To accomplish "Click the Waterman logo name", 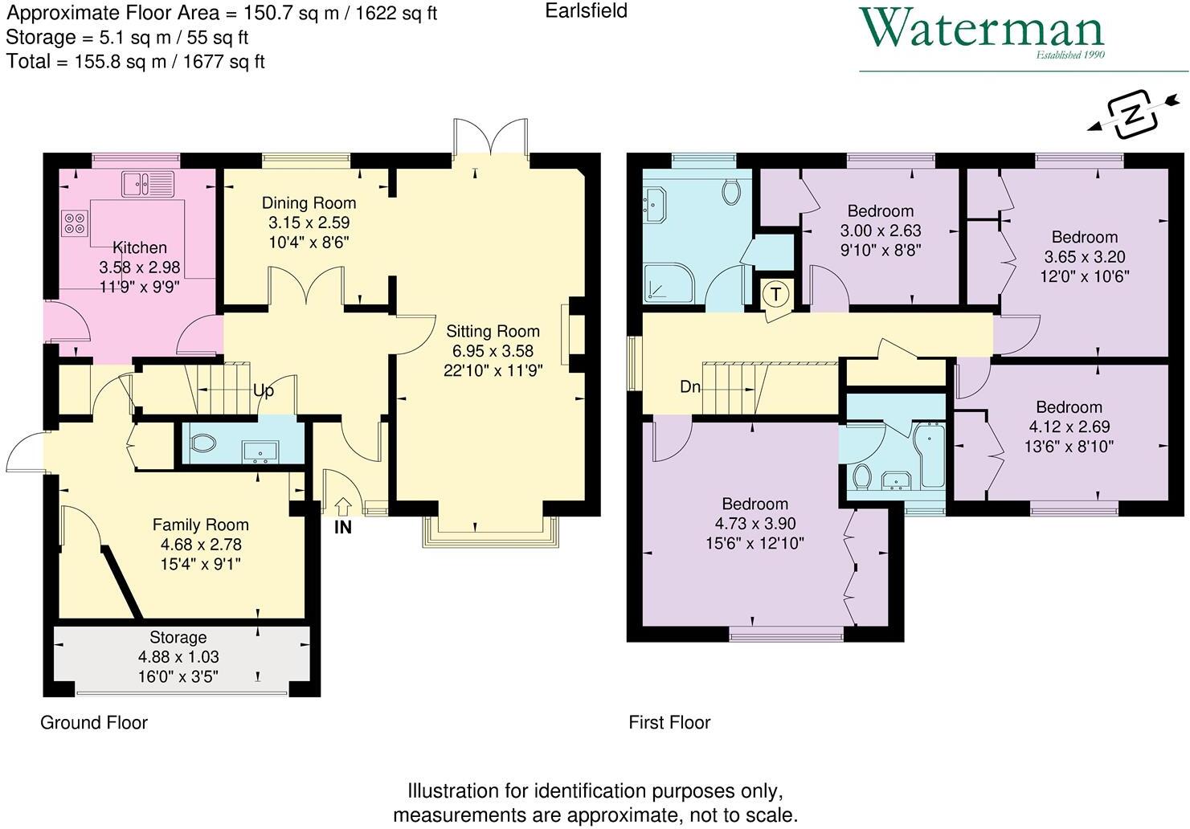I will [x=982, y=30].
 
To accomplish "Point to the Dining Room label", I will [x=309, y=203].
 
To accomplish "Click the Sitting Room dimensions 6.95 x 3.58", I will [x=493, y=351].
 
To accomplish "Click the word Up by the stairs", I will [x=264, y=391].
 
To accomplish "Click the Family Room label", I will [x=201, y=525].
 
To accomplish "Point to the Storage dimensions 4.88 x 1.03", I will [x=178, y=657].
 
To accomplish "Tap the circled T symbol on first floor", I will [x=775, y=294].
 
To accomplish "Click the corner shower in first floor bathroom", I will [x=666, y=283].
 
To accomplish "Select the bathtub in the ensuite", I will [x=932, y=455].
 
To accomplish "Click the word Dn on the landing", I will [x=690, y=387].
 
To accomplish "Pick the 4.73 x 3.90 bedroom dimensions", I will [x=754, y=524].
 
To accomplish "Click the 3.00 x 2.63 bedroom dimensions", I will [x=881, y=231].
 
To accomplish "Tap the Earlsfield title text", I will [x=586, y=11].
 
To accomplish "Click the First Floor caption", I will [x=669, y=723].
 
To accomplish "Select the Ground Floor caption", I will [x=94, y=723].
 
